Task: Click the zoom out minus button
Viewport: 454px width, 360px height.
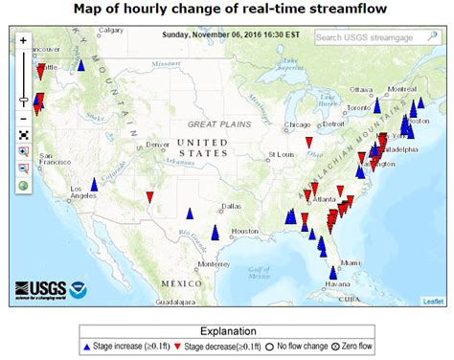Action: (x=22, y=119)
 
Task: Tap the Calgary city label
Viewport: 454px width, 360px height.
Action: (x=112, y=31)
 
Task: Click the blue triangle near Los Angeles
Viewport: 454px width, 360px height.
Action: (x=94, y=184)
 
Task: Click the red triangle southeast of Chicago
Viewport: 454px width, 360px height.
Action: (x=308, y=143)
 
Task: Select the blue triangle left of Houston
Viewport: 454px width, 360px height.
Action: (x=216, y=232)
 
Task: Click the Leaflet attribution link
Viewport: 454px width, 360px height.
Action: (x=434, y=301)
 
